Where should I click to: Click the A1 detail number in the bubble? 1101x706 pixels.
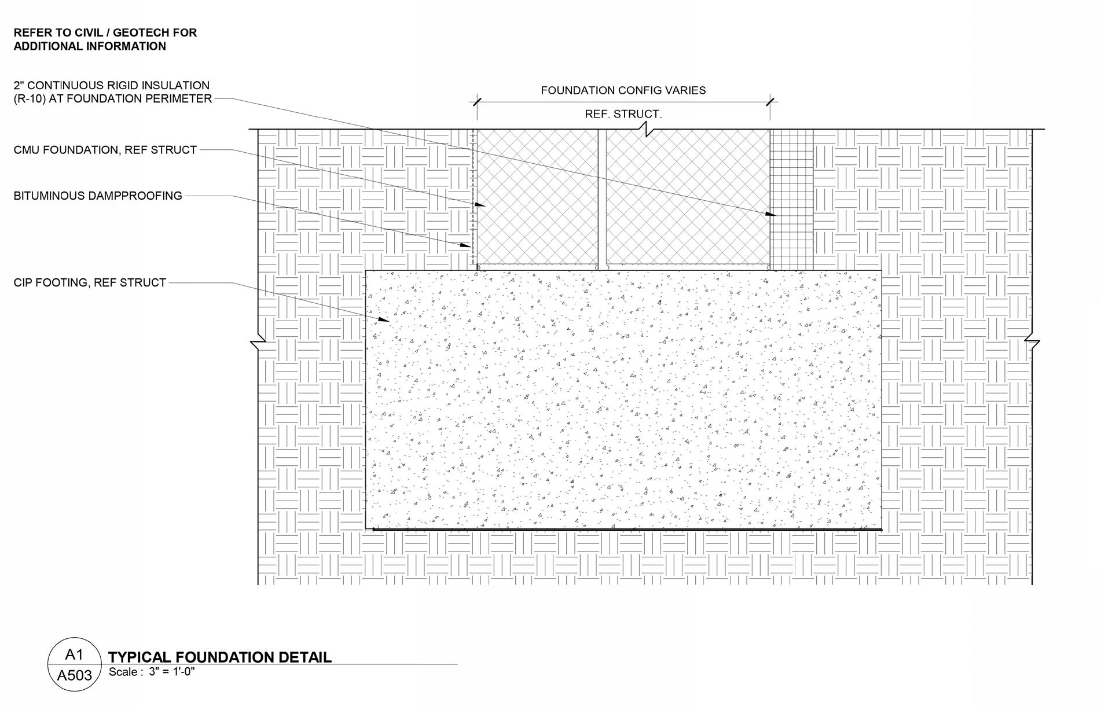[x=74, y=654]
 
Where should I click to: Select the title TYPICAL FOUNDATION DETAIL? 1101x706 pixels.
[x=220, y=657]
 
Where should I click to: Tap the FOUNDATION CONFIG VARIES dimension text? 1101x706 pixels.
[x=623, y=90]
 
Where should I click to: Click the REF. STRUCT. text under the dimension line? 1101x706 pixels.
[x=623, y=114]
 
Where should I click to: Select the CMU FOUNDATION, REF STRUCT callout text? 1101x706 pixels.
[x=105, y=150]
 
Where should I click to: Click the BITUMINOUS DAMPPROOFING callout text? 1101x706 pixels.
[x=98, y=196]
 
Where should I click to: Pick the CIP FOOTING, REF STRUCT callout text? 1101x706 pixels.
[x=90, y=282]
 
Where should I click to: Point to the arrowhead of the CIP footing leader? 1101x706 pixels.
[x=384, y=319]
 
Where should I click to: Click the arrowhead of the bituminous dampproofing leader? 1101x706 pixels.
[x=467, y=245]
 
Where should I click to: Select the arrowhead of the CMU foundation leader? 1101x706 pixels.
[x=480, y=204]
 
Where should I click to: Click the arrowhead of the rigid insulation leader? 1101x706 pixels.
[x=771, y=215]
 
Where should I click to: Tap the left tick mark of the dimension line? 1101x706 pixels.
[x=476, y=102]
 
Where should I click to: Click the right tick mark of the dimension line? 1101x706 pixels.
[x=770, y=102]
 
